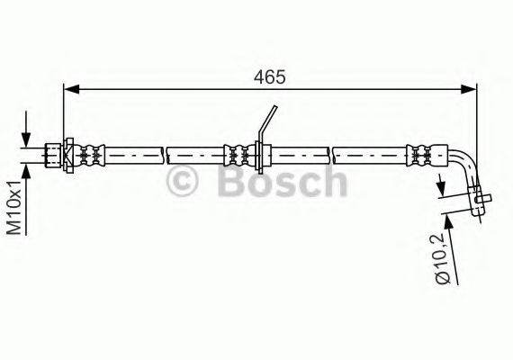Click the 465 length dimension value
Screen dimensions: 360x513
(x=269, y=77)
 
